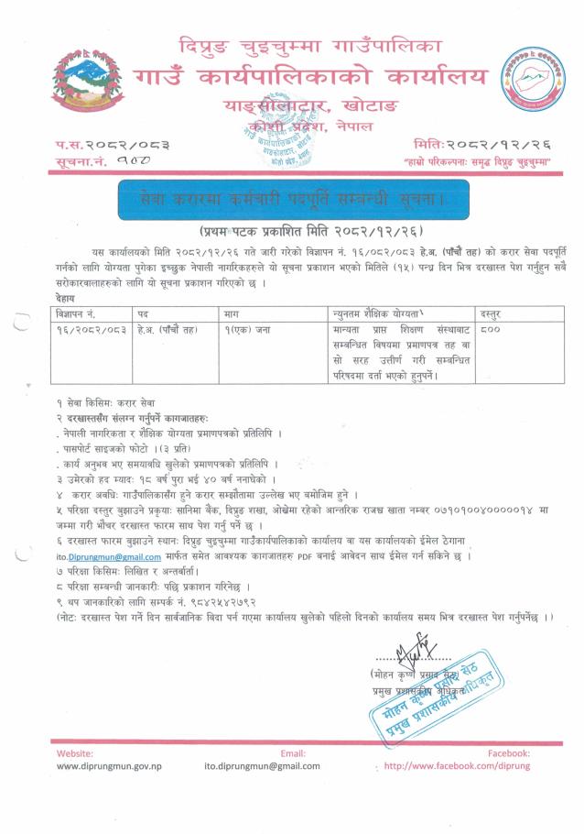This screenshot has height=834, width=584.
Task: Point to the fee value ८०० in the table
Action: (492, 328)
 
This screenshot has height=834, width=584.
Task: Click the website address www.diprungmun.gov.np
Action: (110, 766)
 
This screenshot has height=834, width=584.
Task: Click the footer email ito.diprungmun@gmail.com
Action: (262, 766)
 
